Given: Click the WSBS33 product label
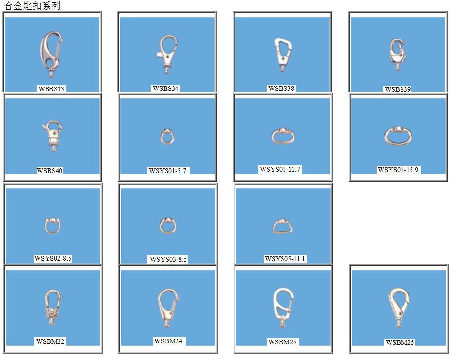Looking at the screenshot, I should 51,88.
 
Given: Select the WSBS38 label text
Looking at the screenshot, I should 281,88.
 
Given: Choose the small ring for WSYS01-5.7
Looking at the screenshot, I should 167,136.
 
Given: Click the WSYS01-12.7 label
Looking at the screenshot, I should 280,169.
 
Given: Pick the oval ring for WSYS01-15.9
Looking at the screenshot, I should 398,136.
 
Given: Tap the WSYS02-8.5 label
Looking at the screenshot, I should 53,259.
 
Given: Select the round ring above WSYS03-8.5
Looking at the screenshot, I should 168,225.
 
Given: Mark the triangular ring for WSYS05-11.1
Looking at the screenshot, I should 282,225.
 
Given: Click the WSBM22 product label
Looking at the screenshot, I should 50,341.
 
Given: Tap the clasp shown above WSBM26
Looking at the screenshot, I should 398,307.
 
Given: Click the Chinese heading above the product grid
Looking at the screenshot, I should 32,6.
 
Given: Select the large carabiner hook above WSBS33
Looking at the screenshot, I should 50,53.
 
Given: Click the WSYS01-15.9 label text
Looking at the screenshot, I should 398,170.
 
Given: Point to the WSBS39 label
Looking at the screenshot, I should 398,89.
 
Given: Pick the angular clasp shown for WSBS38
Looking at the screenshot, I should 284,54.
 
